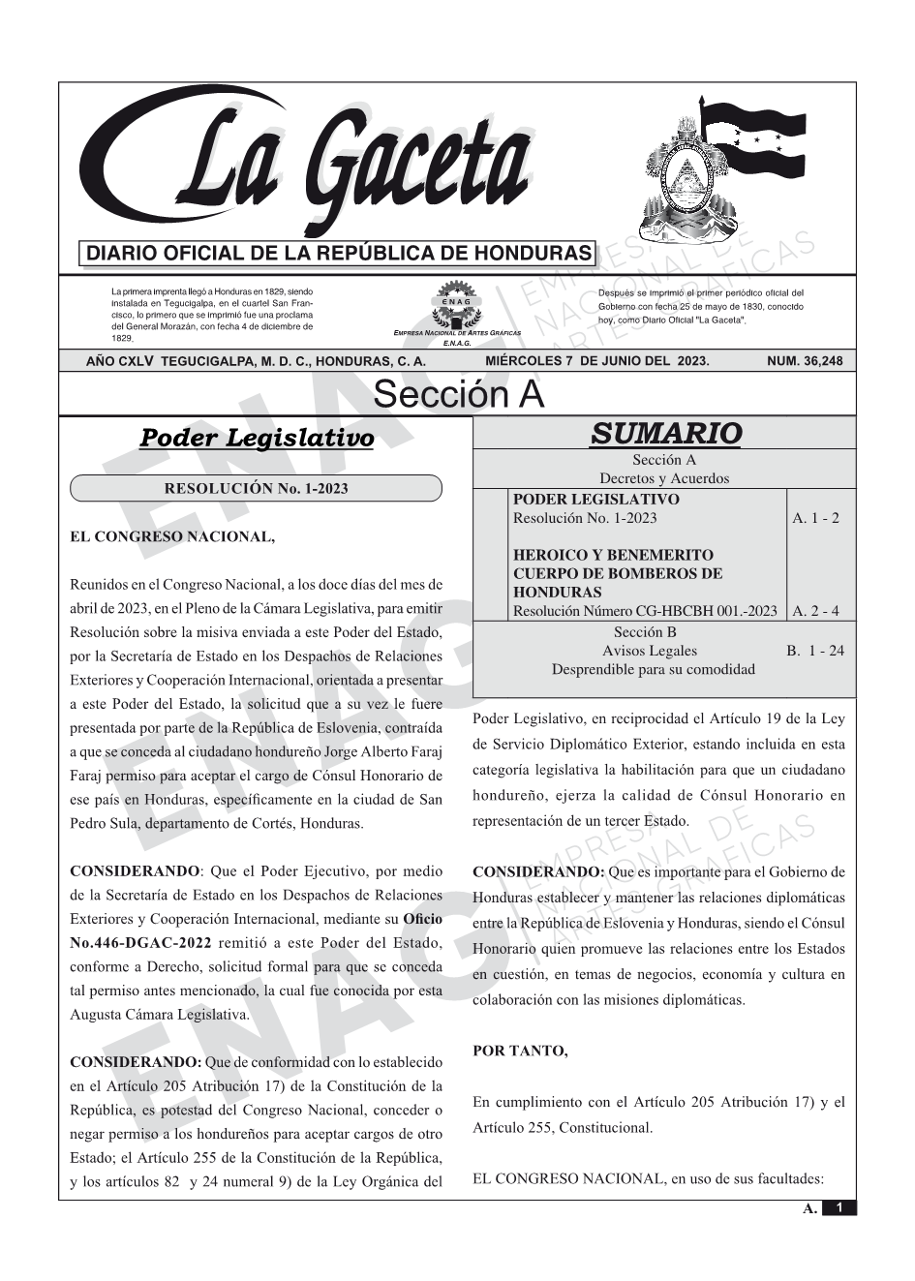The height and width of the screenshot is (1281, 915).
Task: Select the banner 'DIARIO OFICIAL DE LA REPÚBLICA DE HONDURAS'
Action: pos(339,255)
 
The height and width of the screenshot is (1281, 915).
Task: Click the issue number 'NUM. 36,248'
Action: pos(804,361)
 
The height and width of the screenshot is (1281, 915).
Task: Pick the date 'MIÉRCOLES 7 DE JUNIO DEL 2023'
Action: pos(597,361)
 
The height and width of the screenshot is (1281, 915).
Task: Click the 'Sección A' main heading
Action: pos(458,395)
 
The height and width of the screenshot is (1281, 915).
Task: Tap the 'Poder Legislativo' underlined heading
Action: pos(257,439)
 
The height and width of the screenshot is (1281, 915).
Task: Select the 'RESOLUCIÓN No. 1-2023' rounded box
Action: pos(256,488)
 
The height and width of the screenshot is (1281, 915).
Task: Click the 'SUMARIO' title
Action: pos(665,434)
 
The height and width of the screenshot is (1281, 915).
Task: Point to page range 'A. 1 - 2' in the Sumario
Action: pos(815,518)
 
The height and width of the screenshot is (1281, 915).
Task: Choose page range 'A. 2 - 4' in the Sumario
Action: pos(815,611)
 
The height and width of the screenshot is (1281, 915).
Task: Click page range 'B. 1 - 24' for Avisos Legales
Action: pos(815,651)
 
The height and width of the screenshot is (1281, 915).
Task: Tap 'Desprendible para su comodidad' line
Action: pos(653,669)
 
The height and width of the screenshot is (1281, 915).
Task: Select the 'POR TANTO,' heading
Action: pos(520,1051)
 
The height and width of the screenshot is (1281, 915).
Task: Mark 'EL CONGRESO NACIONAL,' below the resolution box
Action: pos(172,537)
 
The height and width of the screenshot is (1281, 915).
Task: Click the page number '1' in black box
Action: pos(839,1207)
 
